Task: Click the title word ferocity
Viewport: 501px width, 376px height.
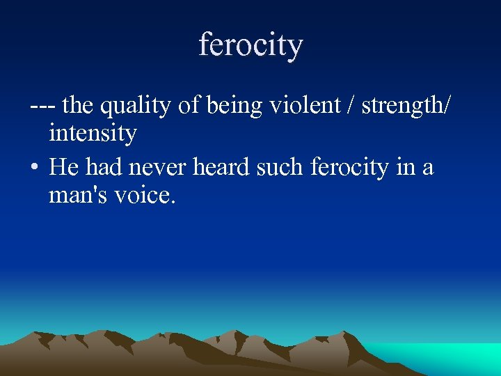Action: (x=250, y=46)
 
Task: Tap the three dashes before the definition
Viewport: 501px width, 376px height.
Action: (x=43, y=107)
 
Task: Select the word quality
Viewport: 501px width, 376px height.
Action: (x=136, y=107)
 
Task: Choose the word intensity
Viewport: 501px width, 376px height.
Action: (x=93, y=133)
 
